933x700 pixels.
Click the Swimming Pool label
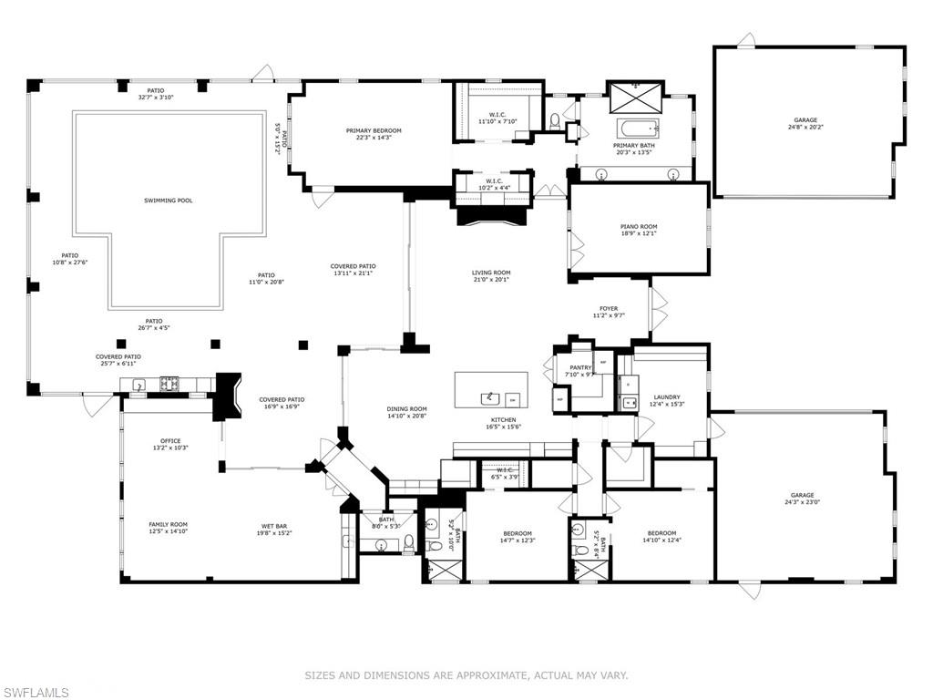click(168, 201)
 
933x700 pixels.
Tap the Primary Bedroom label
click(374, 130)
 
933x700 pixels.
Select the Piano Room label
click(638, 227)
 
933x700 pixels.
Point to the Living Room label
click(491, 273)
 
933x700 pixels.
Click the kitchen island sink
click(490, 396)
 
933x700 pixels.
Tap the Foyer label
click(609, 309)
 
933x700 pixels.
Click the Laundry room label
click(667, 396)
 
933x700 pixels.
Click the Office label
click(171, 440)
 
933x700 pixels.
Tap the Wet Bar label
click(276, 525)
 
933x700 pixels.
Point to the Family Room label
click(169, 524)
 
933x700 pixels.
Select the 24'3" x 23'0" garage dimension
click(803, 502)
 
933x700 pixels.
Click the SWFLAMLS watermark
click(36, 692)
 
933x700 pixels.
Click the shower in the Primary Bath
click(636, 94)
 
